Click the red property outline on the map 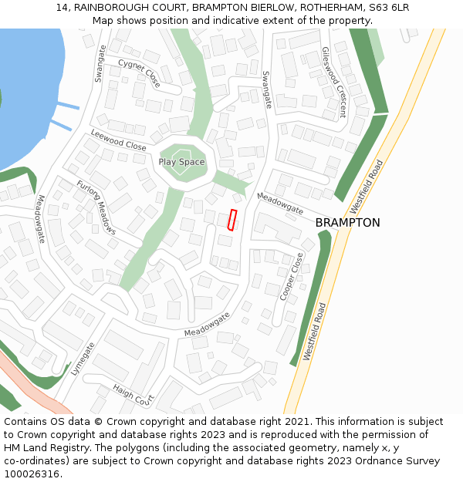point(232,220)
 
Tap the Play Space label point(181,162)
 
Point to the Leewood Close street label point(118,140)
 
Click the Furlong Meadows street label point(96,207)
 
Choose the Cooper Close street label point(292,277)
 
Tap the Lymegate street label point(82,359)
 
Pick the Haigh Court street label point(133,396)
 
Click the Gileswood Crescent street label point(333,82)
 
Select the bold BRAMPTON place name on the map point(347,223)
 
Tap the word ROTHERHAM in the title point(333,7)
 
